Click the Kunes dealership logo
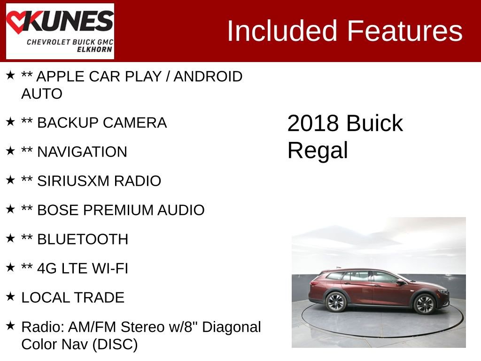coord(60,31)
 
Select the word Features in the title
coord(405,31)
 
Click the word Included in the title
coord(282,31)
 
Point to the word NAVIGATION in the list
coord(82,152)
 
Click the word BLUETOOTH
coord(82,239)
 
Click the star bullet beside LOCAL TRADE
coord(10,297)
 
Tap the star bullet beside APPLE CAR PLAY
coord(10,75)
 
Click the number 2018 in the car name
coord(313,123)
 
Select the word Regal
coord(318,150)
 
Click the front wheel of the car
coord(424,304)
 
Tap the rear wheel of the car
coord(336,302)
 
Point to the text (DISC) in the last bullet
coord(115,345)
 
